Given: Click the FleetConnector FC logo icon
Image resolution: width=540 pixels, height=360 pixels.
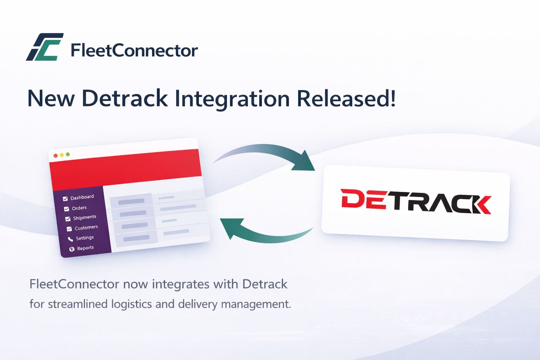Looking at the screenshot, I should pyautogui.click(x=45, y=47).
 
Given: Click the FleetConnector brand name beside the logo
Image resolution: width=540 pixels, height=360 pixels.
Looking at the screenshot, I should pyautogui.click(x=134, y=51).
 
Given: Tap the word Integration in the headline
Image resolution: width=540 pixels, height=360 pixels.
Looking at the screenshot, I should pyautogui.click(x=232, y=99).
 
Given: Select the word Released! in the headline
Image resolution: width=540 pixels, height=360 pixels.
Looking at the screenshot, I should pyautogui.click(x=346, y=99).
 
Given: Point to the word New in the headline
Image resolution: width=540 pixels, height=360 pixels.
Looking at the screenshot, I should pyautogui.click(x=51, y=99).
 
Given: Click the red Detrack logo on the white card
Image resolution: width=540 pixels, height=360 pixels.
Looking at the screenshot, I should pyautogui.click(x=416, y=202).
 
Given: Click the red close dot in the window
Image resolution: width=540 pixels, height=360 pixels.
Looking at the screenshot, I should pyautogui.click(x=56, y=156).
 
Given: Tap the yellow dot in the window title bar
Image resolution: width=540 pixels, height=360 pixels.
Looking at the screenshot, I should pyautogui.click(x=62, y=155).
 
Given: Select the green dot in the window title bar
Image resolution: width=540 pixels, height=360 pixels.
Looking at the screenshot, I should pyautogui.click(x=68, y=154).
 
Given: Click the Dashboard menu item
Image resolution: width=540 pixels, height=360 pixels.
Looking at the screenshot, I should pyautogui.click(x=82, y=197).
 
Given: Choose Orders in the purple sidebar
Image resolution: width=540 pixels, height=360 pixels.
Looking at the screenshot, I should pyautogui.click(x=79, y=208).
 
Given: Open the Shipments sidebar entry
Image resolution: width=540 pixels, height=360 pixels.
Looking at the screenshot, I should pyautogui.click(x=84, y=218).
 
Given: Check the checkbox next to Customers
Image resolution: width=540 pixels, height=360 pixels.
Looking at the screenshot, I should pyautogui.click(x=69, y=229).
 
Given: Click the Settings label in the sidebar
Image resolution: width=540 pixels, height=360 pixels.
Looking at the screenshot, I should pyautogui.click(x=85, y=238).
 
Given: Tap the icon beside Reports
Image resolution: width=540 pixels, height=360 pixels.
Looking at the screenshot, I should pyautogui.click(x=72, y=249).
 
